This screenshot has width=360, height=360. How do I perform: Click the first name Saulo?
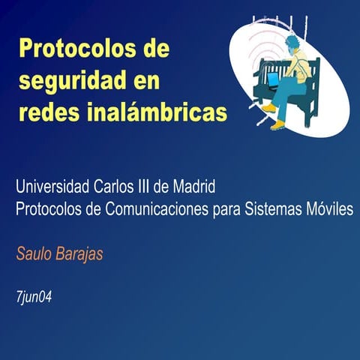pyautogui.click(x=32, y=254)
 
